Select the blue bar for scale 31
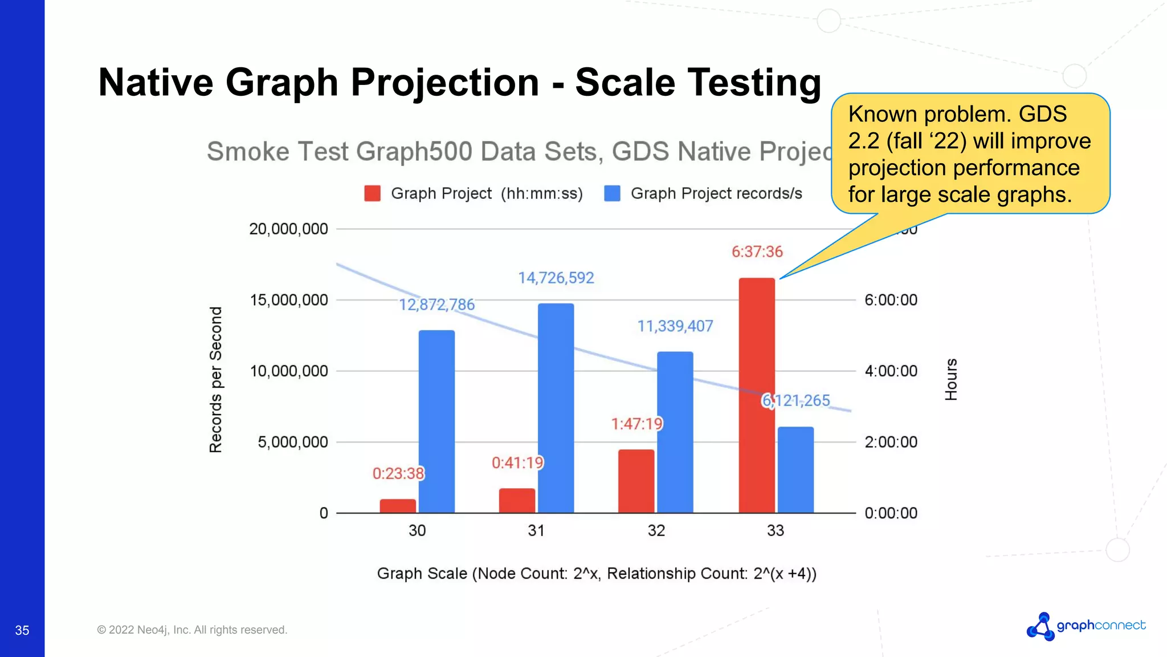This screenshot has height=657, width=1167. (x=556, y=408)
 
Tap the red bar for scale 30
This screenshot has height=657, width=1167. (x=398, y=506)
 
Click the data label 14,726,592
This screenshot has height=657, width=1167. (x=556, y=278)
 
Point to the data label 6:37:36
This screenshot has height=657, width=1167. (x=757, y=252)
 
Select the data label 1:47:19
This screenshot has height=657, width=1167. (x=636, y=424)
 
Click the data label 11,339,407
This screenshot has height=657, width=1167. (x=675, y=326)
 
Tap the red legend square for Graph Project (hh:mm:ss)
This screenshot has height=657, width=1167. (x=372, y=193)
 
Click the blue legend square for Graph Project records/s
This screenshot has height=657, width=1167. (x=612, y=193)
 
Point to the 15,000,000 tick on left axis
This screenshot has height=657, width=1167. (x=289, y=300)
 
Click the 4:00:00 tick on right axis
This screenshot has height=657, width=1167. (x=891, y=371)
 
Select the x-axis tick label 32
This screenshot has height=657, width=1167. (x=656, y=530)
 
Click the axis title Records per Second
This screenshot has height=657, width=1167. (x=215, y=379)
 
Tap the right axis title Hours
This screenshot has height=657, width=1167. (x=951, y=379)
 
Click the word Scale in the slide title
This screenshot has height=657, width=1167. (x=625, y=83)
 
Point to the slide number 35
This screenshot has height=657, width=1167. (x=22, y=630)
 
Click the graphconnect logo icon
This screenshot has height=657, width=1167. (x=1040, y=627)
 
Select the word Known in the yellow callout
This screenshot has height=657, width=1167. (x=883, y=114)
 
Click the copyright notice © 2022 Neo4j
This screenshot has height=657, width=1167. (x=192, y=630)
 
